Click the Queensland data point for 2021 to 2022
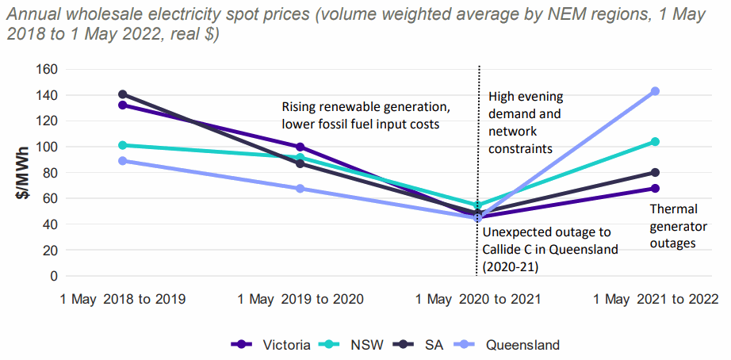click(x=656, y=91)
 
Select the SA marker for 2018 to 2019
click(x=122, y=94)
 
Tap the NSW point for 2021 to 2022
click(x=656, y=142)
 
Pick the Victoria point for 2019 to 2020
click(x=300, y=147)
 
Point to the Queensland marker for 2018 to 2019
click(x=122, y=161)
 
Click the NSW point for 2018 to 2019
click(x=122, y=145)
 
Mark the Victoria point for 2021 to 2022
click(x=656, y=189)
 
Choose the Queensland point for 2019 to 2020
click(x=300, y=189)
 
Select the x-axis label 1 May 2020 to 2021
click(x=478, y=300)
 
